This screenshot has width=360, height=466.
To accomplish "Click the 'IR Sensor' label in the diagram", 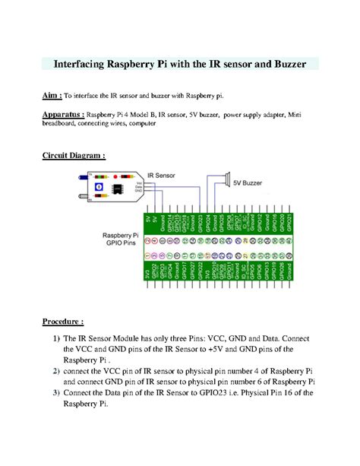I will click(x=162, y=174).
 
